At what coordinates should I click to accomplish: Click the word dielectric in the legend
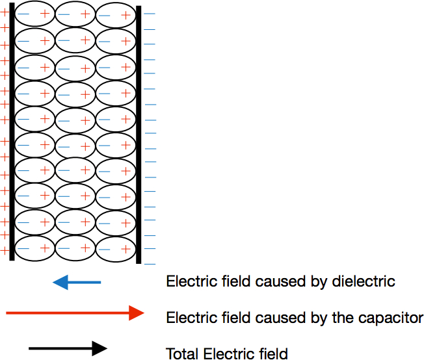click(x=365, y=282)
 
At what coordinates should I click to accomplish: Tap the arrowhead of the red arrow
click(x=136, y=313)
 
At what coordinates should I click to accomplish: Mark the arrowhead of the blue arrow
click(x=60, y=282)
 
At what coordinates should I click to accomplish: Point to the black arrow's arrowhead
click(x=99, y=349)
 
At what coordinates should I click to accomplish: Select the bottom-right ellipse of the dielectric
click(x=116, y=248)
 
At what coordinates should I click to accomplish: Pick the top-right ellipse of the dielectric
click(x=116, y=14)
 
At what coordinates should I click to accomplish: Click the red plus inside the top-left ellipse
click(x=45, y=14)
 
